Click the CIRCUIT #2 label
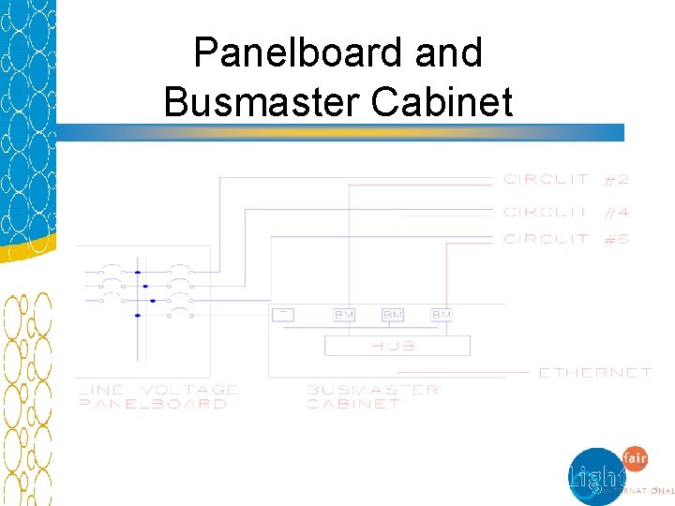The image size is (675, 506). pyautogui.click(x=565, y=179)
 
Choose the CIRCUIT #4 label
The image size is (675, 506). pyautogui.click(x=565, y=213)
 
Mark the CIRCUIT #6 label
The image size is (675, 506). pyautogui.click(x=565, y=240)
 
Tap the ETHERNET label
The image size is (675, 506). pyautogui.click(x=594, y=373)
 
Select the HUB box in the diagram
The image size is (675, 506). pyautogui.click(x=397, y=345)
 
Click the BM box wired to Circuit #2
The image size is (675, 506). pyautogui.click(x=344, y=315)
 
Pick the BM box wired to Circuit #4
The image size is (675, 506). pyautogui.click(x=393, y=315)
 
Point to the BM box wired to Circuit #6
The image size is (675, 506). pyautogui.click(x=442, y=315)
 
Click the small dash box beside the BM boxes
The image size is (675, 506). pyautogui.click(x=282, y=314)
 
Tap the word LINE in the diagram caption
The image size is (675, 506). pyautogui.click(x=98, y=390)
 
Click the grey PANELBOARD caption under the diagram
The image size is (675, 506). pyautogui.click(x=152, y=404)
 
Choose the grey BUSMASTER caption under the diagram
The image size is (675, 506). pyautogui.click(x=372, y=390)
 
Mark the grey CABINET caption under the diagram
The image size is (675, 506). pyautogui.click(x=352, y=404)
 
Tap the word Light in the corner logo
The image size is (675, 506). pyautogui.click(x=595, y=475)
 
